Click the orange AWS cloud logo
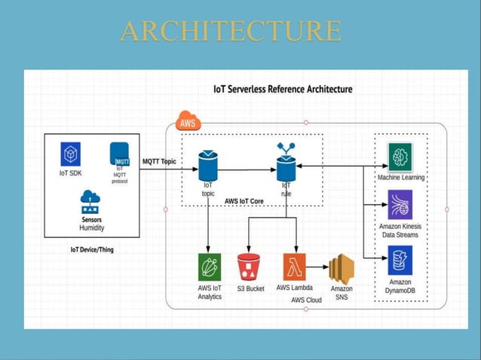point(188,121)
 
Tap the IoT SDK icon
point(71,154)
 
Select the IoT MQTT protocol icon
point(120,154)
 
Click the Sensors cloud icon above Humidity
point(90,202)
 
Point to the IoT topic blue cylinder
point(208,166)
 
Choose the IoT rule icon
point(286,162)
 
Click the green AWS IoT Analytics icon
point(210,267)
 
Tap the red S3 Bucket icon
point(249,267)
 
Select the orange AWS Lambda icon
point(295,267)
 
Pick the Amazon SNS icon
point(342,269)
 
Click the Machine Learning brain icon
point(400,157)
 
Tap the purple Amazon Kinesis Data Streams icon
point(400,204)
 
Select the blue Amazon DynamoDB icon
point(400,260)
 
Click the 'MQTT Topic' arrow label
point(159,161)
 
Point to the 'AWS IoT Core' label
point(244,201)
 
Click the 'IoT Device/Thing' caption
point(92,250)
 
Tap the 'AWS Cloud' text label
point(306,300)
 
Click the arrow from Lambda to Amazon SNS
point(317,267)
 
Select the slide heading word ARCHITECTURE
point(231,31)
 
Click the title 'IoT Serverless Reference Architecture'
point(283,89)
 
